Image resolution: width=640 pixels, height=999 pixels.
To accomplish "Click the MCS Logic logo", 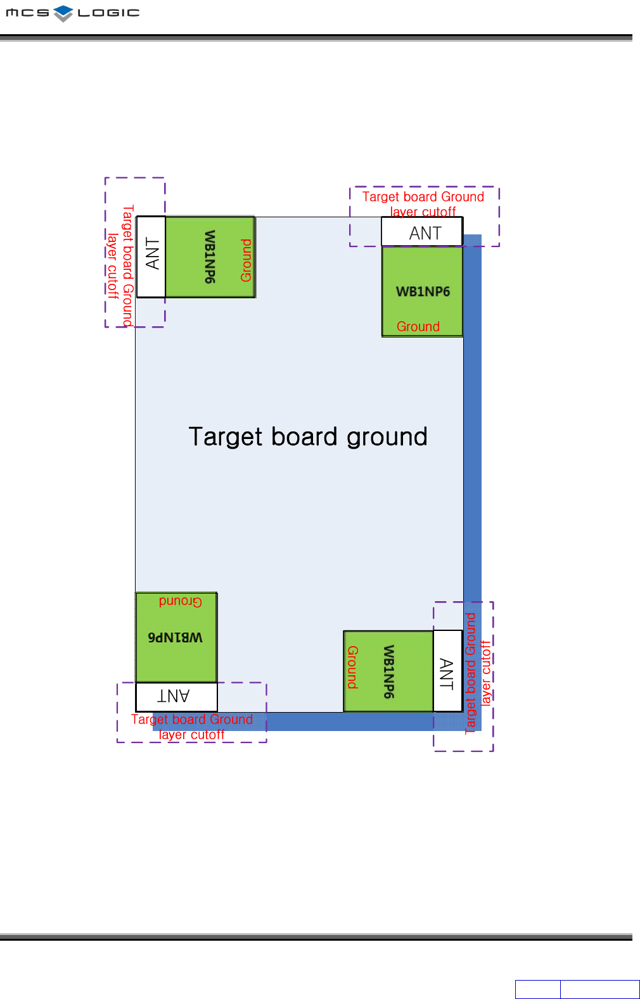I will pyautogui.click(x=72, y=13).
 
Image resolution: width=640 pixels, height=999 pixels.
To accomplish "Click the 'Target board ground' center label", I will pyautogui.click(x=308, y=436).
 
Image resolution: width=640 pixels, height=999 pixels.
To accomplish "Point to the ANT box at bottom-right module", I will pyautogui.click(x=447, y=672).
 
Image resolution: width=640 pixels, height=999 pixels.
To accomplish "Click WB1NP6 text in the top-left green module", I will pyautogui.click(x=210, y=257).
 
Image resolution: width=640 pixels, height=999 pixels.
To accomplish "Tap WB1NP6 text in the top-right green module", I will pyautogui.click(x=423, y=291).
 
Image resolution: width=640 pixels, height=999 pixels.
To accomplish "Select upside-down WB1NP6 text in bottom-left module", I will pyautogui.click(x=176, y=637).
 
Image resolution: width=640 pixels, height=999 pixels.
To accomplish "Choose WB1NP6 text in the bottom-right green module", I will pyautogui.click(x=388, y=672).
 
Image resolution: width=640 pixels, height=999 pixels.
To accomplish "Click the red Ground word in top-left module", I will pyautogui.click(x=246, y=260).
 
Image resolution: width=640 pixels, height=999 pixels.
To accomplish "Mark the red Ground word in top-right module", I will pyautogui.click(x=418, y=326).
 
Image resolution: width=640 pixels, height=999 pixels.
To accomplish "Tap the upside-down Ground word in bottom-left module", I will pyautogui.click(x=181, y=601).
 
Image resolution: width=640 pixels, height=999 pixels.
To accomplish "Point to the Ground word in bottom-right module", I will pyautogui.click(x=352, y=667).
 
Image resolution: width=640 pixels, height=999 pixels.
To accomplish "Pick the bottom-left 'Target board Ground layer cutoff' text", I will pyautogui.click(x=192, y=727).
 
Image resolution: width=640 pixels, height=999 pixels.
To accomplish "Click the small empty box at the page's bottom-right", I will pyautogui.click(x=537, y=989).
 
